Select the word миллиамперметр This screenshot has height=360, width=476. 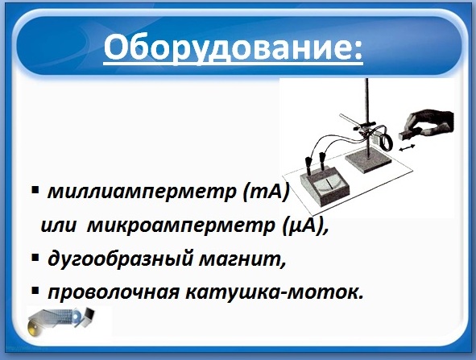tap(142, 192)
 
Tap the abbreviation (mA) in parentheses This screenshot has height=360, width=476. tap(265, 192)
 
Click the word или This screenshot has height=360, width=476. tap(58, 226)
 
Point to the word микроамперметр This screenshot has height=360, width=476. tap(180, 227)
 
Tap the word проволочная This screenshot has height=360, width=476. tap(113, 292)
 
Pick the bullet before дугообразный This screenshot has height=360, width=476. tap(35, 258)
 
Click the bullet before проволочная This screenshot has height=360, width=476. tap(35, 291)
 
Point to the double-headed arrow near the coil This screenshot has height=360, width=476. tap(407, 148)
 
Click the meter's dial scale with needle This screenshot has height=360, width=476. tap(328, 185)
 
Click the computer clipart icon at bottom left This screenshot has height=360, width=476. tap(60, 321)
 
